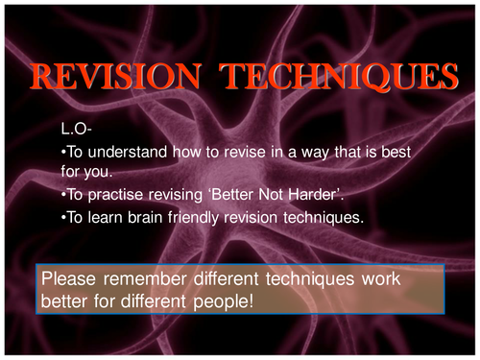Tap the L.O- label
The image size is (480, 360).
[x=77, y=127]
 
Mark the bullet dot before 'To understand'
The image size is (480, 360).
[x=62, y=150]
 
